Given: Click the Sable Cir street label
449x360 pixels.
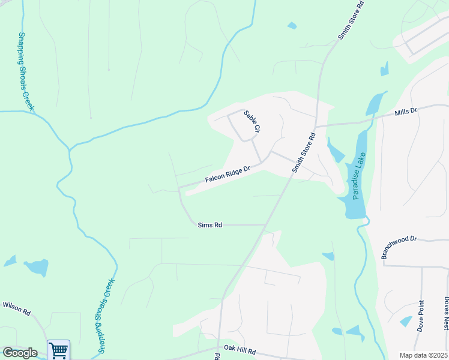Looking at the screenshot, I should click(252, 121).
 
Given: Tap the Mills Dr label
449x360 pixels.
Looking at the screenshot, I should click(405, 112).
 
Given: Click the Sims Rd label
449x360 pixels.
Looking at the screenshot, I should click(210, 225).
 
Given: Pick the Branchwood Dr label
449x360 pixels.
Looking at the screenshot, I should click(399, 247).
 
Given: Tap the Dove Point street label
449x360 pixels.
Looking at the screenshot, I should click(421, 316).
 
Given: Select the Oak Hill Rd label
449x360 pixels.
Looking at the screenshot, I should click(240, 350).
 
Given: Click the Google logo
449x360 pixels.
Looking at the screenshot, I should click(19, 353).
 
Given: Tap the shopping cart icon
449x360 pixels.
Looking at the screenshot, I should click(59, 350).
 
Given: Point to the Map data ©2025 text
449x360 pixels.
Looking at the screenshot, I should click(423, 355).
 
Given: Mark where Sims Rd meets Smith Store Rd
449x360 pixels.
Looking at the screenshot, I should click(267, 225).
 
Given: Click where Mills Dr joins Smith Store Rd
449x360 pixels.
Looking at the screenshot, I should click(315, 127).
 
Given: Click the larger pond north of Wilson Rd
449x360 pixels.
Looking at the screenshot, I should click(37, 267).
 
